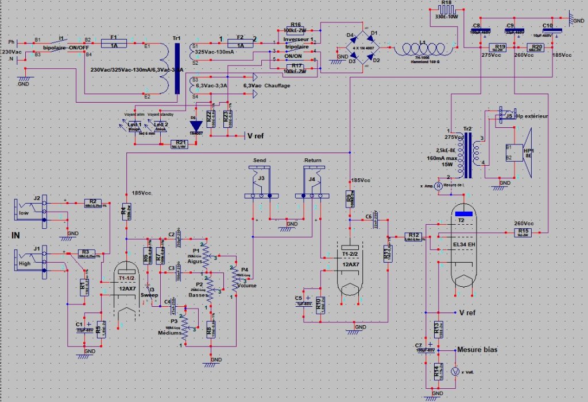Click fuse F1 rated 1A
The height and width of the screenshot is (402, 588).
point(114,44)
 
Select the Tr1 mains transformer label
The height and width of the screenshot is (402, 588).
point(176,38)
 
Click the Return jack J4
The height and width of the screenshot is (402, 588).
point(311,182)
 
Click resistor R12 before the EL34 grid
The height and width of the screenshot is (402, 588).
point(413,237)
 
